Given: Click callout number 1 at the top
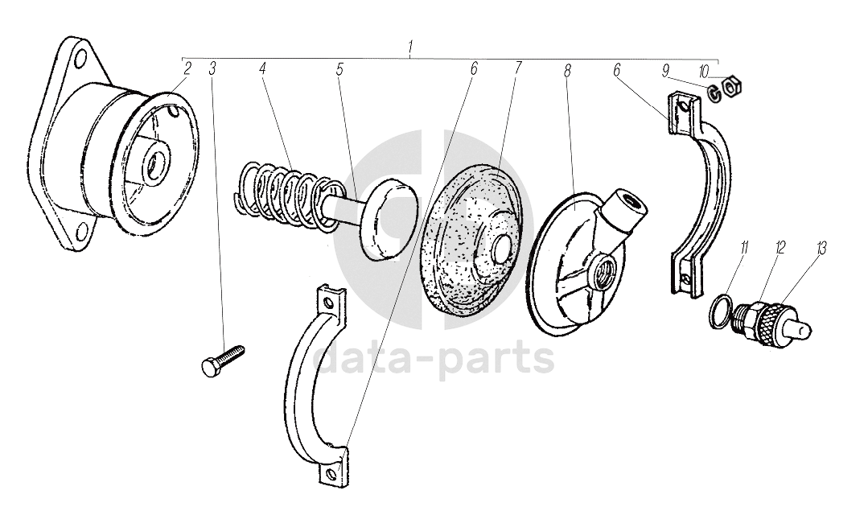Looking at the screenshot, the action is pos(410,47).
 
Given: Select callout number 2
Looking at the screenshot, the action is pos(187,68).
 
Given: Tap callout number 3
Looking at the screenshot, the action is pos(212,68).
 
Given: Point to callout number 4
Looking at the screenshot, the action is pos(262,68).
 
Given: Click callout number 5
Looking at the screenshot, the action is pos(339,68).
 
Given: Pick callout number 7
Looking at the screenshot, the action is pos(518,68).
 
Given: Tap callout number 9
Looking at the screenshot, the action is pos(665,69).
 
